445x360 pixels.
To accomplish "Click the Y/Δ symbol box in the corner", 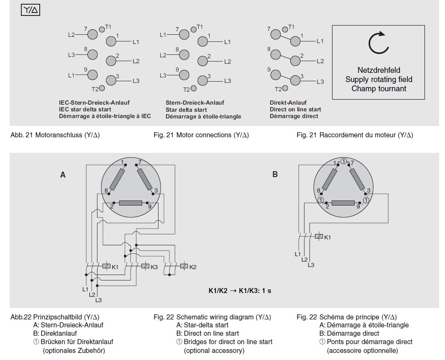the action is pyautogui.click(x=31, y=10).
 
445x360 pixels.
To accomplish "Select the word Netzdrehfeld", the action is pyautogui.click(x=379, y=70).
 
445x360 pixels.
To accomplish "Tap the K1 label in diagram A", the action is pyautogui.click(x=115, y=267).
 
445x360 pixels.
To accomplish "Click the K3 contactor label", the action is pyautogui.click(x=154, y=267).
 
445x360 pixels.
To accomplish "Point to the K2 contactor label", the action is pyautogui.click(x=193, y=267).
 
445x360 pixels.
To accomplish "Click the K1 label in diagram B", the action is pyautogui.click(x=327, y=237).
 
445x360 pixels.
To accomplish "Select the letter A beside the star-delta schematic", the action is pyautogui.click(x=63, y=175).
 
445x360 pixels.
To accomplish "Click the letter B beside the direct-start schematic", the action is pyautogui.click(x=275, y=175).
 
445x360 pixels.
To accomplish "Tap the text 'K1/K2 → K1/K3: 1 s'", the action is pyautogui.click(x=240, y=291).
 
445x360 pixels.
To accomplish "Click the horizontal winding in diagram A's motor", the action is pyautogui.click(x=130, y=203).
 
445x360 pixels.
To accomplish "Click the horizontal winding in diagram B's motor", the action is pyautogui.click(x=343, y=203).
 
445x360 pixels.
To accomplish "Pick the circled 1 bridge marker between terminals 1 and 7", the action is pyautogui.click(x=343, y=162).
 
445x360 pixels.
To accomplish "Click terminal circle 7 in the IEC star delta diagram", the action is pyautogui.click(x=92, y=35).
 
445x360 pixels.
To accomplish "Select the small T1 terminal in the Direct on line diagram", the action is pyautogui.click(x=285, y=29).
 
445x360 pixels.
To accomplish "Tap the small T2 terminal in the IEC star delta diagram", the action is pyautogui.click(x=102, y=88).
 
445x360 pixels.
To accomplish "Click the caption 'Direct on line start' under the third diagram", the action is pyautogui.click(x=295, y=109).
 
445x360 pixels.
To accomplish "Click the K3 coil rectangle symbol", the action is pyautogui.click(x=145, y=266).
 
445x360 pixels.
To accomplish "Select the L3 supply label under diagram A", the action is pyautogui.click(x=98, y=300).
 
